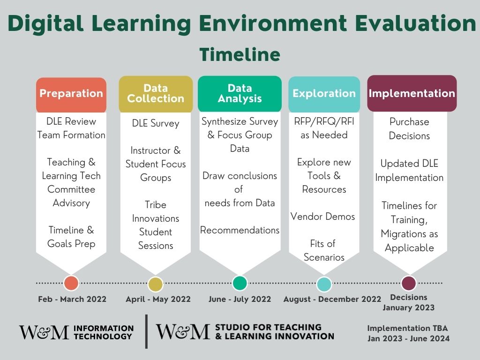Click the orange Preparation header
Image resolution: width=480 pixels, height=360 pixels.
pyautogui.click(x=71, y=95)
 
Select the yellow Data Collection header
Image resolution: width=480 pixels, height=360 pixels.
pyautogui.click(x=156, y=94)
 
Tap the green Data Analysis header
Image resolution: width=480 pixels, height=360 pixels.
pyautogui.click(x=240, y=94)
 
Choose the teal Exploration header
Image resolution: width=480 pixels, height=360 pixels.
pyautogui.click(x=324, y=94)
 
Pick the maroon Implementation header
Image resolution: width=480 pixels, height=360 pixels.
pyautogui.click(x=412, y=93)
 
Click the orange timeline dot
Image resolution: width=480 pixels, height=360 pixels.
pyautogui.click(x=71, y=283)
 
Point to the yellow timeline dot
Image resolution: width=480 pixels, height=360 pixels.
pyautogui.click(x=156, y=284)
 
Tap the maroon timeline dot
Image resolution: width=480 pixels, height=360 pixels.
pyautogui.click(x=409, y=283)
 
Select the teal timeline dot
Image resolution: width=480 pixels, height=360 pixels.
pyautogui.click(x=324, y=284)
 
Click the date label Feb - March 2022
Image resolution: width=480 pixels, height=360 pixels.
pyautogui.click(x=72, y=299)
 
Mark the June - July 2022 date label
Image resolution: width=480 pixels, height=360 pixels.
pyautogui.click(x=240, y=299)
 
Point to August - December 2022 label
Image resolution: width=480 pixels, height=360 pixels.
pyautogui.click(x=332, y=299)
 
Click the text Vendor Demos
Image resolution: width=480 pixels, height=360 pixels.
pyautogui.click(x=322, y=217)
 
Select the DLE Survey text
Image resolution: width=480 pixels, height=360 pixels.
pyautogui.click(x=156, y=123)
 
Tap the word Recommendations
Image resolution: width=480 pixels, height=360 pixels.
pyautogui.click(x=240, y=230)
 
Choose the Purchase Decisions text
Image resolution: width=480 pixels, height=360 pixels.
pyautogui.click(x=409, y=129)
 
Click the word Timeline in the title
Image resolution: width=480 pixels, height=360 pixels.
pyautogui.click(x=240, y=55)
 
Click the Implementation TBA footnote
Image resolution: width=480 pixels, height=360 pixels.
pyautogui.click(x=407, y=328)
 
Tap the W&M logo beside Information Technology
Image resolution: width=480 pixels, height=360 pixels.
pyautogui.click(x=44, y=332)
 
